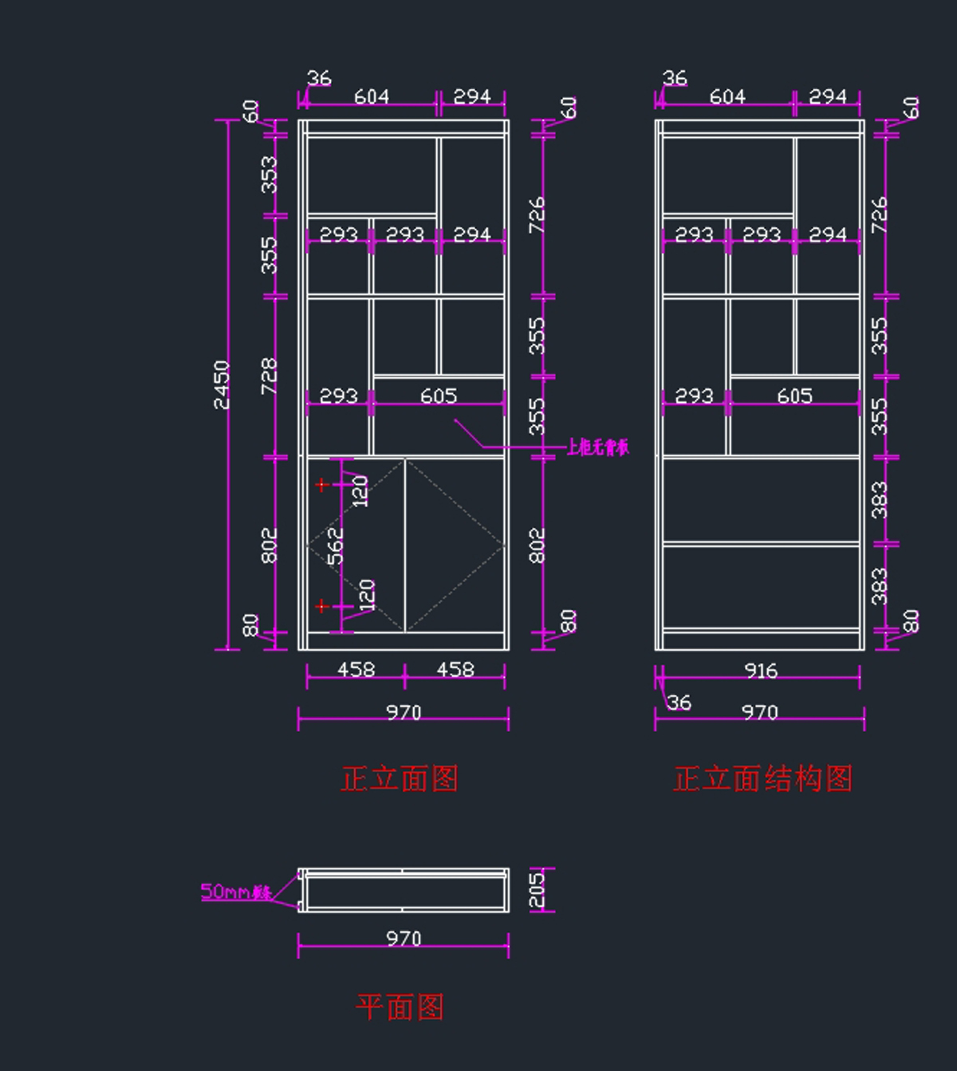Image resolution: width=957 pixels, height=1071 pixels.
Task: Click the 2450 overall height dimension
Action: pyautogui.click(x=222, y=384)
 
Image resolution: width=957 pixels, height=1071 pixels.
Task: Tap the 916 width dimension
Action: pyautogui.click(x=760, y=671)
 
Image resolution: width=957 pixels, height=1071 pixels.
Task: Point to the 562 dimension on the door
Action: pyautogui.click(x=336, y=545)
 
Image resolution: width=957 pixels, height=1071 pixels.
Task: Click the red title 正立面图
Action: pyautogui.click(x=400, y=778)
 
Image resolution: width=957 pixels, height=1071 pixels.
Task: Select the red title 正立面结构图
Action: pyautogui.click(x=762, y=778)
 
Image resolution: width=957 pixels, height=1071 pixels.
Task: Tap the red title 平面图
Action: pyautogui.click(x=400, y=1007)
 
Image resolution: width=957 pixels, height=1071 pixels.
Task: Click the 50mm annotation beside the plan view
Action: pyautogui.click(x=235, y=892)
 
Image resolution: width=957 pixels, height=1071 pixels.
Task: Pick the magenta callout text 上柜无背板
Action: pyautogui.click(x=597, y=447)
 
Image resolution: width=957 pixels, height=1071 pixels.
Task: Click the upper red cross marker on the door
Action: pyautogui.click(x=321, y=484)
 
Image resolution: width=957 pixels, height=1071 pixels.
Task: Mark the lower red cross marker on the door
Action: pyautogui.click(x=321, y=607)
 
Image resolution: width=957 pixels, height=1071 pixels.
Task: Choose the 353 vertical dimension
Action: pyautogui.click(x=270, y=174)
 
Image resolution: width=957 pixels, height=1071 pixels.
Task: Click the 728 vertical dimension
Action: pyautogui.click(x=270, y=376)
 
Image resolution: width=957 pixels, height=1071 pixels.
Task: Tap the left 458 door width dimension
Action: pyautogui.click(x=356, y=669)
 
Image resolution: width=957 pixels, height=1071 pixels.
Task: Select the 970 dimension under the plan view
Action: pyautogui.click(x=404, y=939)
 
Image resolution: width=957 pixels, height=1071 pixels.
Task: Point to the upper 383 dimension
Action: pyautogui.click(x=879, y=499)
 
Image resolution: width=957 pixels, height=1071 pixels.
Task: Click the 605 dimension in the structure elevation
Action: pyautogui.click(x=794, y=396)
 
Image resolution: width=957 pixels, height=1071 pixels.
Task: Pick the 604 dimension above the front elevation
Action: pyautogui.click(x=372, y=96)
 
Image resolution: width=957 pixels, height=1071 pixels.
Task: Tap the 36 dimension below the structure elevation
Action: pyautogui.click(x=679, y=703)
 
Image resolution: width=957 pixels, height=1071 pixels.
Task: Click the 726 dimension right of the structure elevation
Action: pyautogui.click(x=879, y=215)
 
